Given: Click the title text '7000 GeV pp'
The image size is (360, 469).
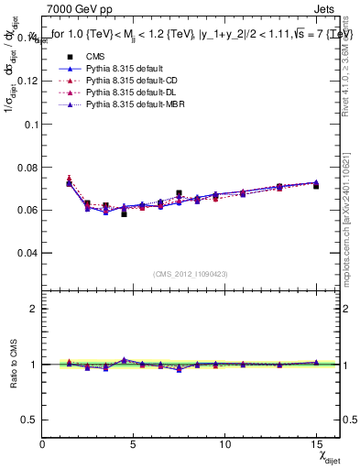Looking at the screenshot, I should click(76, 9).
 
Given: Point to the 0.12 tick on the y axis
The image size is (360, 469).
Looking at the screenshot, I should click(27, 81).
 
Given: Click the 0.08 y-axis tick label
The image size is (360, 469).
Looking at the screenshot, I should click(27, 167).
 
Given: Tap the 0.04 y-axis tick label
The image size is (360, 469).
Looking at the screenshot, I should click(27, 253).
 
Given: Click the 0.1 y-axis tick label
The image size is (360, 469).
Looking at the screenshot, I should click(31, 124).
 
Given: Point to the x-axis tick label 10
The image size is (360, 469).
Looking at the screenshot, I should click(224, 444).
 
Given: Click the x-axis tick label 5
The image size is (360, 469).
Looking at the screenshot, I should click(134, 444).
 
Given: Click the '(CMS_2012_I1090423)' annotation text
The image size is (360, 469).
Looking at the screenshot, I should click(191, 275).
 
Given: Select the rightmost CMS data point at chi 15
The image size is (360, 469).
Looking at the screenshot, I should click(316, 186).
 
